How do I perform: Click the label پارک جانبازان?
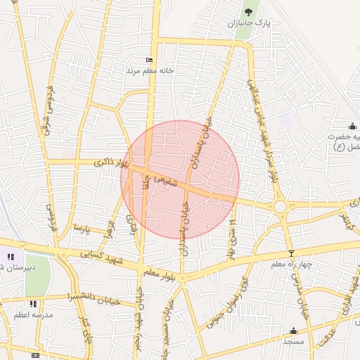[x=252, y=24]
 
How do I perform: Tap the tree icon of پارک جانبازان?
[x=247, y=11]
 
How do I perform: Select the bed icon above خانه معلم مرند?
[x=148, y=61]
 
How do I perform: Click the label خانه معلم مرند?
[x=149, y=71]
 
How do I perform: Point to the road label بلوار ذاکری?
[x=112, y=163]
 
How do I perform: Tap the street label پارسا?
[x=82, y=229]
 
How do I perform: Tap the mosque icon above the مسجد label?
[x=293, y=330]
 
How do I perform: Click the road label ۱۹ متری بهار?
[x=231, y=237]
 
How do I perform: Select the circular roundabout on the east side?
[x=281, y=206]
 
